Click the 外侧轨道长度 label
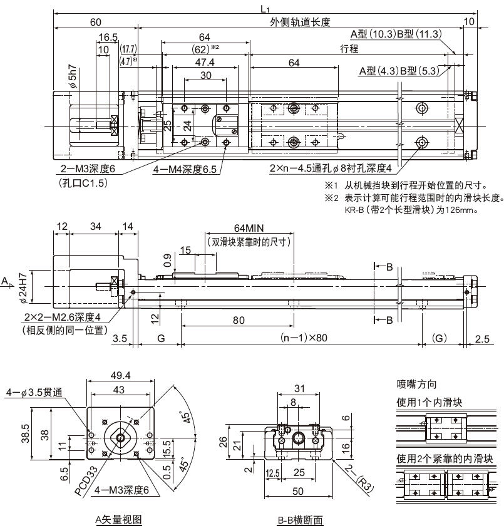coord(300,23)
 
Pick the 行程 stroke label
coord(349,49)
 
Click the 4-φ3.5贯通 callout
coord(33,393)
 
